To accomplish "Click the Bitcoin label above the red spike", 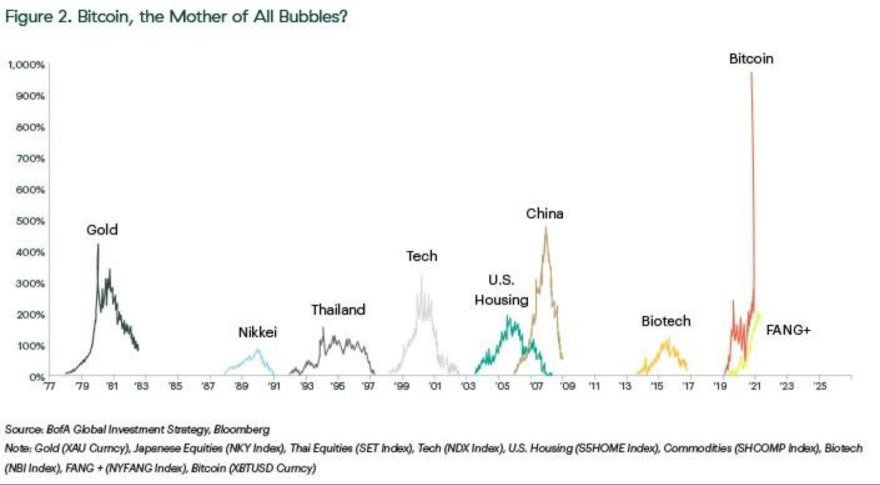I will pos(751,59).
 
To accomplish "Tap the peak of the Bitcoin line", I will pos(751,73).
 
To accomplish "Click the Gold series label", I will pos(102,230).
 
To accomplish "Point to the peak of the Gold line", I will pos(98,245).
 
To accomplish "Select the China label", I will pos(545,214).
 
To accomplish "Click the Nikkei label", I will pos(258,332).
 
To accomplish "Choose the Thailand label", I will pos(338,310).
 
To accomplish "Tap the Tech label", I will pos(421,256).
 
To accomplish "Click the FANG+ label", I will pos(788,330).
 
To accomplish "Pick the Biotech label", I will pos(666,321).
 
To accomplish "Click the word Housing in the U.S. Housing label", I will pos(502,300).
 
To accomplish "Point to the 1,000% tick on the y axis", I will pos(26,65).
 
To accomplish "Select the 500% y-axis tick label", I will pos(30,221).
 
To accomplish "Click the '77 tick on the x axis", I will pos(49,386).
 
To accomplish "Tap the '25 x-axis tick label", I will pos(820,386).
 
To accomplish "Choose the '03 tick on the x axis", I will pos(468,386).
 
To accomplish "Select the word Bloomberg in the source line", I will pos(242,430).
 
